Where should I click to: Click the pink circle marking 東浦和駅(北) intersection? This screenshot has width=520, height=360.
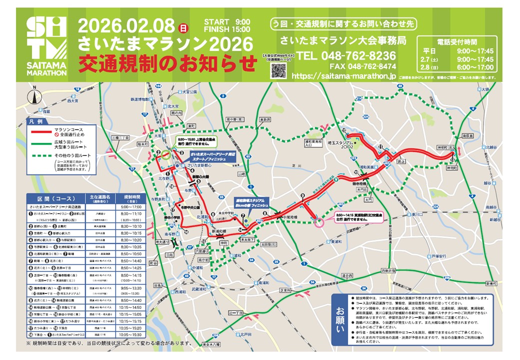(318, 221)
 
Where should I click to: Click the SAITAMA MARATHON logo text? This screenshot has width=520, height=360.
(45, 69)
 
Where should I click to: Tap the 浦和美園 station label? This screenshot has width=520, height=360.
(367, 167)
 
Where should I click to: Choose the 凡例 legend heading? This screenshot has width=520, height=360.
(38, 122)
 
